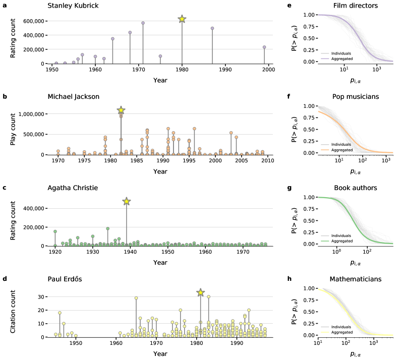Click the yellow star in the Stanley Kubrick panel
coord(182,19)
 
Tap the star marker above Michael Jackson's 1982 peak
coord(121,110)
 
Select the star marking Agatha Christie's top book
coord(127,202)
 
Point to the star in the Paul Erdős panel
coord(200,292)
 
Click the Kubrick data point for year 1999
coord(264,47)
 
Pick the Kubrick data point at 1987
coord(212,29)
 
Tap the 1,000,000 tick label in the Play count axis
coord(30,114)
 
